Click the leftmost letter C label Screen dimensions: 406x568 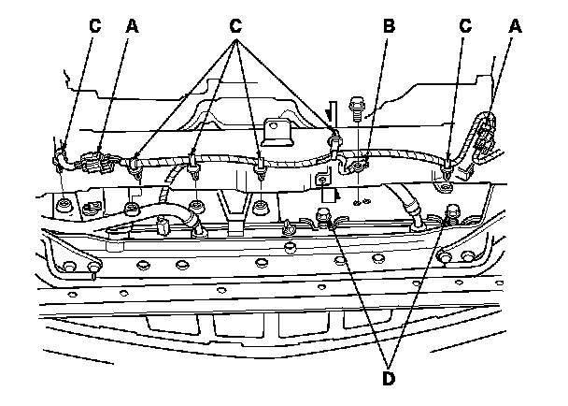[94, 27]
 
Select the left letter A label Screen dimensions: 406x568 [133, 27]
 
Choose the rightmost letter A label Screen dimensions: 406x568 [513, 27]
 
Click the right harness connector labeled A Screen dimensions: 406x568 [484, 140]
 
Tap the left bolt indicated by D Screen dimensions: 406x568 [322, 221]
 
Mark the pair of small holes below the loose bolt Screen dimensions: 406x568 [362, 199]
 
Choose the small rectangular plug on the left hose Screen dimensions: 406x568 [161, 227]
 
